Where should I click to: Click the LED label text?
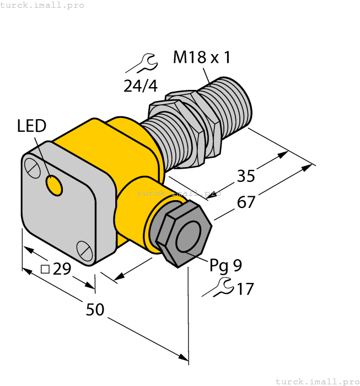pyautogui.click(x=31, y=126)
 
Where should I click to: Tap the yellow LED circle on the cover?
pyautogui.click(x=54, y=186)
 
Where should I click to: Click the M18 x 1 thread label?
pyautogui.click(x=202, y=57)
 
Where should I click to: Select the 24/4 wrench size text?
pyautogui.click(x=140, y=85)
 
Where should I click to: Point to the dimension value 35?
pyautogui.click(x=246, y=176)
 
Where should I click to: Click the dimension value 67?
pyautogui.click(x=246, y=202)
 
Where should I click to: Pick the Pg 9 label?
pyautogui.click(x=225, y=266)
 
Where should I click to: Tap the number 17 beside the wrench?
pyautogui.click(x=244, y=288)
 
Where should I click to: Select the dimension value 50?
pyautogui.click(x=95, y=310)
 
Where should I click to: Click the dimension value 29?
pyautogui.click(x=62, y=270)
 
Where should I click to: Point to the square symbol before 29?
pyautogui.click(x=46, y=269)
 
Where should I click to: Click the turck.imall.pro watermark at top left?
pyautogui.click(x=42, y=5)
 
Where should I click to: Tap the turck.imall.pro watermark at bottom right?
pyautogui.click(x=317, y=381)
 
